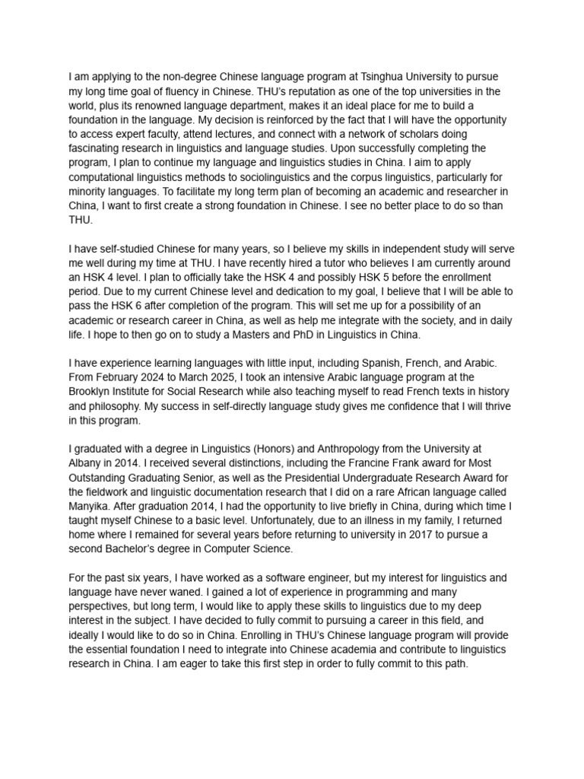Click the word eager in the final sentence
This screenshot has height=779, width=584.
coord(183,663)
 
